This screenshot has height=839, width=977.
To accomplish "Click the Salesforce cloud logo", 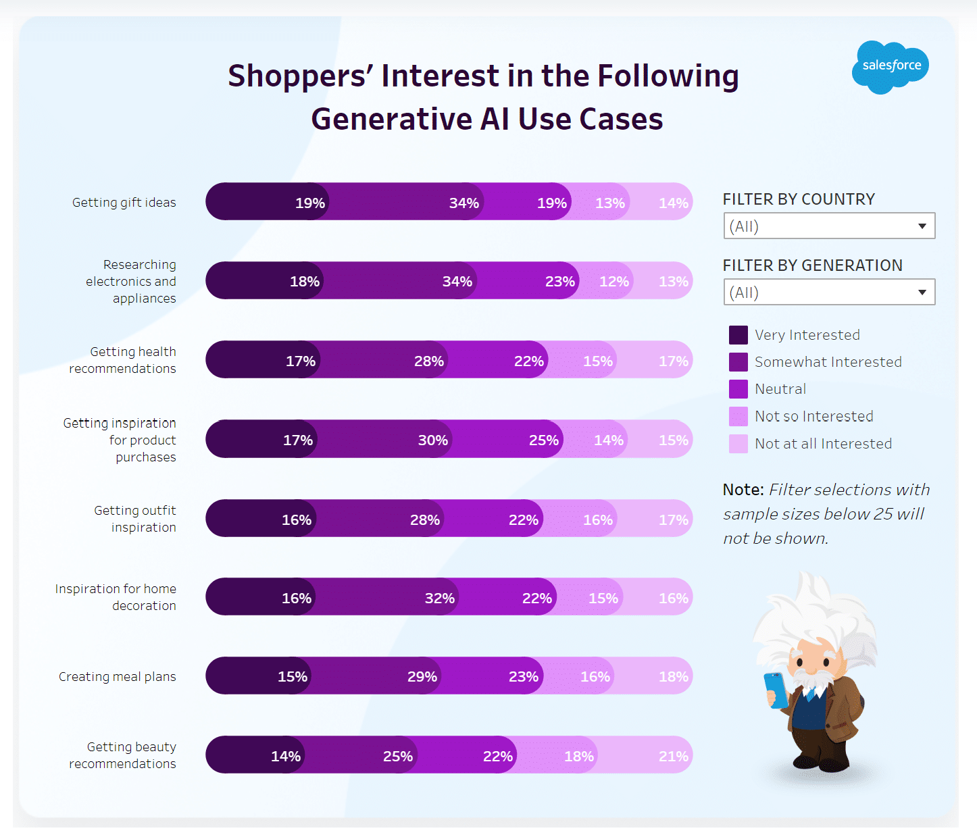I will [891, 66].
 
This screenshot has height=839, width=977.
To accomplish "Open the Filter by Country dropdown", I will [829, 226].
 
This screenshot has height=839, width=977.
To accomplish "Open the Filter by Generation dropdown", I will [829, 293].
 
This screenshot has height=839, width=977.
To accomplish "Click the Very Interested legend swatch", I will [738, 335].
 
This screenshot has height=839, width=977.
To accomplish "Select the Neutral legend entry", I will [780, 389].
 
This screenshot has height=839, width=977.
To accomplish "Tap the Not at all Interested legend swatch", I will [738, 444].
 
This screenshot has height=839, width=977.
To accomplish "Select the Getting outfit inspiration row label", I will [134, 519].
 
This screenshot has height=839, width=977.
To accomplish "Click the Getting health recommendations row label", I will [122, 360].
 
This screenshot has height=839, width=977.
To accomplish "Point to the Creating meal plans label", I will [117, 676].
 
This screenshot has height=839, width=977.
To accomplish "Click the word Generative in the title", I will [391, 119].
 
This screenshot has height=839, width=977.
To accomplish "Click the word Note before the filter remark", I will [743, 490].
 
